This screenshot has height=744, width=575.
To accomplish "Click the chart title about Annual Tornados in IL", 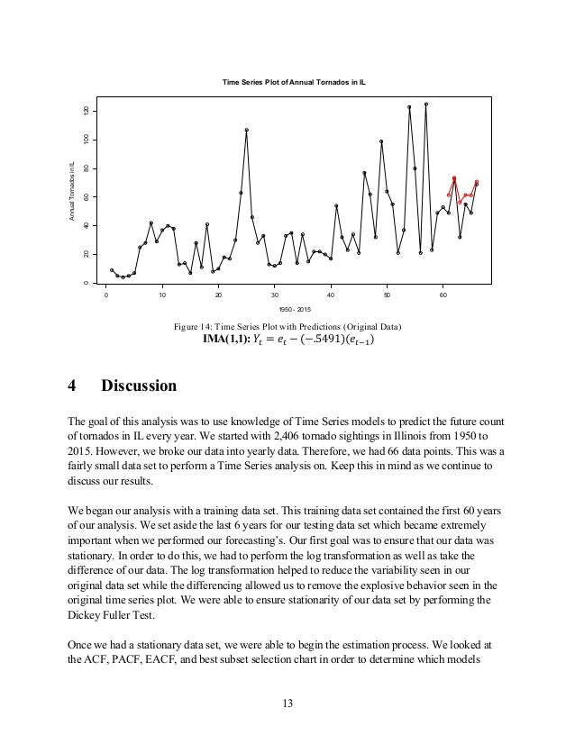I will (299, 82).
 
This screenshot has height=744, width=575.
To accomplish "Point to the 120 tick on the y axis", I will (87, 110).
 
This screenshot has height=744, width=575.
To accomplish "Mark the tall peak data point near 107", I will (246, 130).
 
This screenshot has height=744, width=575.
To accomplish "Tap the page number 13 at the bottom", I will (287, 703).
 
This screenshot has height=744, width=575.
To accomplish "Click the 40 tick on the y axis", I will (87, 225).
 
